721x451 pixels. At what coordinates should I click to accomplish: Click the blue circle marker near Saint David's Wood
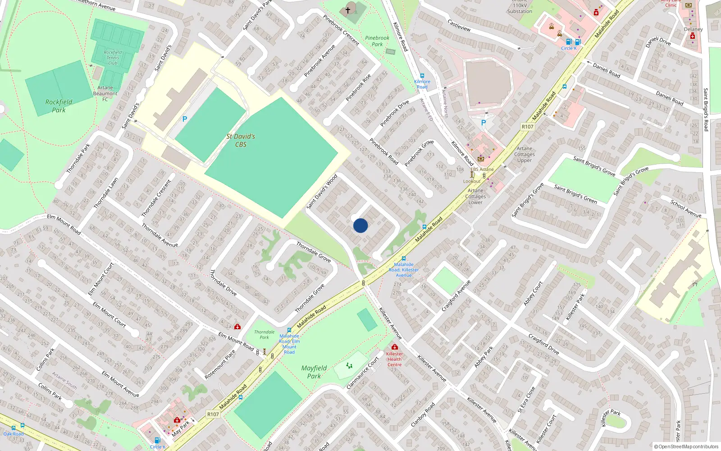click(x=360, y=225)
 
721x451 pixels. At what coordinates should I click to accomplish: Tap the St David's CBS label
click(x=241, y=140)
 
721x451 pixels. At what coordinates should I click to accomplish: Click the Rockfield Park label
click(x=59, y=106)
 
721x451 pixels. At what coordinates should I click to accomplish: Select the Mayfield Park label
click(x=314, y=372)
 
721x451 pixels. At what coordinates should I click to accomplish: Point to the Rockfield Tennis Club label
click(x=113, y=58)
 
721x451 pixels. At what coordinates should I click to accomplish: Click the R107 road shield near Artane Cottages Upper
click(x=527, y=127)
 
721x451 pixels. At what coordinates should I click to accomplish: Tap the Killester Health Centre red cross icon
click(x=395, y=347)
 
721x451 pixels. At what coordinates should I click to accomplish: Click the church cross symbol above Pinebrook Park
click(x=348, y=9)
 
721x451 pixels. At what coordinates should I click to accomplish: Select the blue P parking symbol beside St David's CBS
click(x=184, y=119)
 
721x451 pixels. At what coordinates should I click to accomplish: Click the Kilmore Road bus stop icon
click(x=422, y=76)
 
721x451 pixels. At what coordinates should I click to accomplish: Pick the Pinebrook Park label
click(x=377, y=41)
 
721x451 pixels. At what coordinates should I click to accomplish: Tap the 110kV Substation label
click(x=520, y=9)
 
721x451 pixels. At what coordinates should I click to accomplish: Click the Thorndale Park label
click(x=264, y=335)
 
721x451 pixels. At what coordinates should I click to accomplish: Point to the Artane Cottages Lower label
click(x=475, y=196)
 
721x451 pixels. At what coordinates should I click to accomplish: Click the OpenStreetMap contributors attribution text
click(x=686, y=446)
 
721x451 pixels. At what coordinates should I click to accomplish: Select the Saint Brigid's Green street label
click(x=575, y=194)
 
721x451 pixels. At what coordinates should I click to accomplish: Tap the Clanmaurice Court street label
click(x=363, y=373)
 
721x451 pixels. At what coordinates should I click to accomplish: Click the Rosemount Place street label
click(x=220, y=364)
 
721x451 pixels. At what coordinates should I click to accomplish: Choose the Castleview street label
click(x=459, y=25)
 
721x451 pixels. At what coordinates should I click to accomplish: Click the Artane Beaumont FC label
click(x=105, y=93)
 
